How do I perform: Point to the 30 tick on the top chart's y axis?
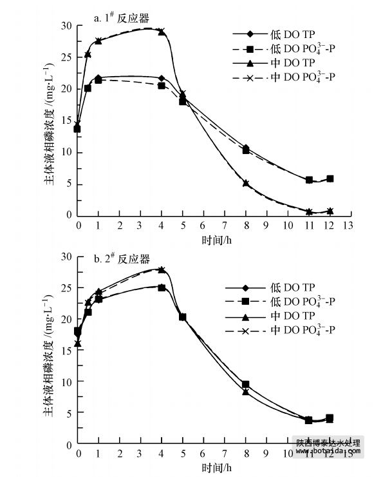pos(68,26)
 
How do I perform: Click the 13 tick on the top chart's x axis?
pos(348,225)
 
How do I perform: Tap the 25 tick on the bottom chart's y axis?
pos(68,287)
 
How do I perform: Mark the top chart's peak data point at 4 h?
pos(162,30)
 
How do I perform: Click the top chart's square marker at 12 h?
pos(330,179)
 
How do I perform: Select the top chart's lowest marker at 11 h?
pos(309,211)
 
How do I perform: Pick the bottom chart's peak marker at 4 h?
pos(162,269)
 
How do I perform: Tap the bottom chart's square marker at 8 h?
pos(245,384)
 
